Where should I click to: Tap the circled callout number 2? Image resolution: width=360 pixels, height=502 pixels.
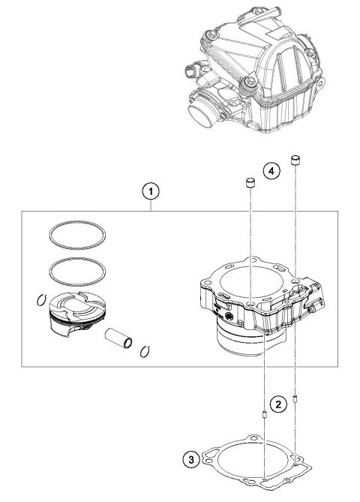pyautogui.click(x=278, y=404)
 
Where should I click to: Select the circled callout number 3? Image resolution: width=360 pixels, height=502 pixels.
pyautogui.click(x=194, y=458)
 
